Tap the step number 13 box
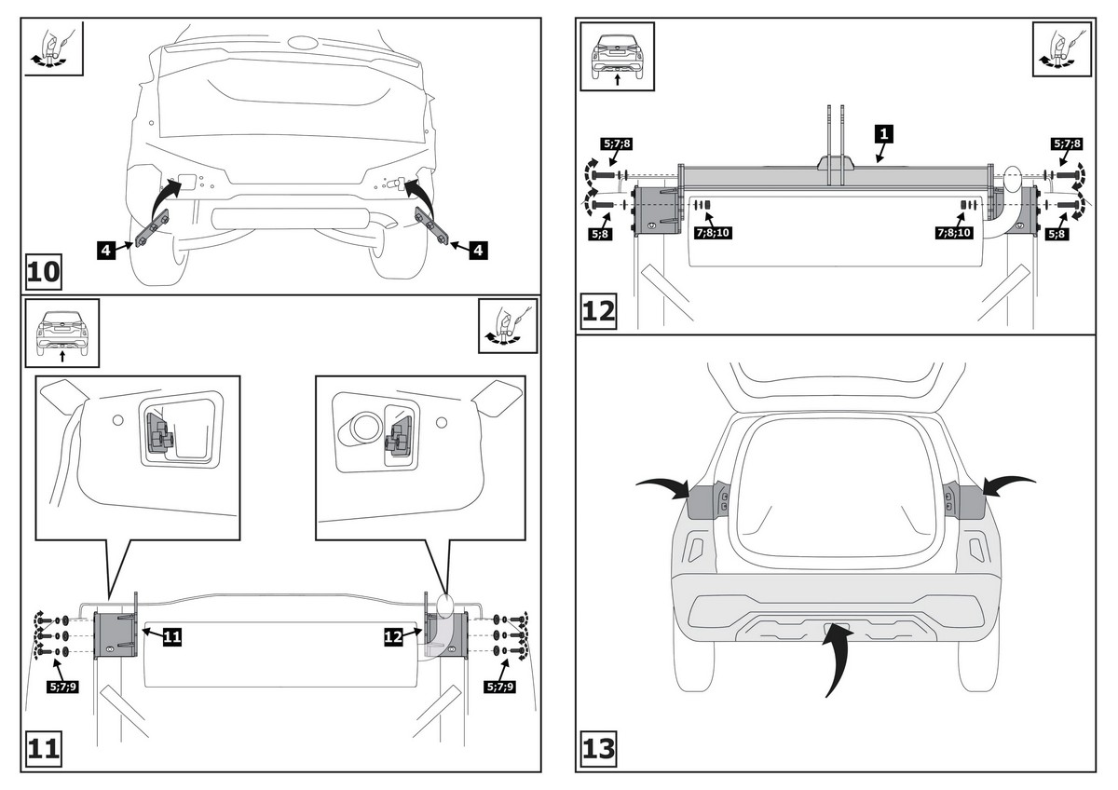pyautogui.click(x=599, y=748)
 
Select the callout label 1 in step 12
pyautogui.click(x=883, y=134)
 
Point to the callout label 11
pyautogui.click(x=171, y=636)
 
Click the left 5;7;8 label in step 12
pyautogui.click(x=616, y=144)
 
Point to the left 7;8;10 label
pyautogui.click(x=711, y=233)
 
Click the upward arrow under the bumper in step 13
pyautogui.click(x=835, y=657)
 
